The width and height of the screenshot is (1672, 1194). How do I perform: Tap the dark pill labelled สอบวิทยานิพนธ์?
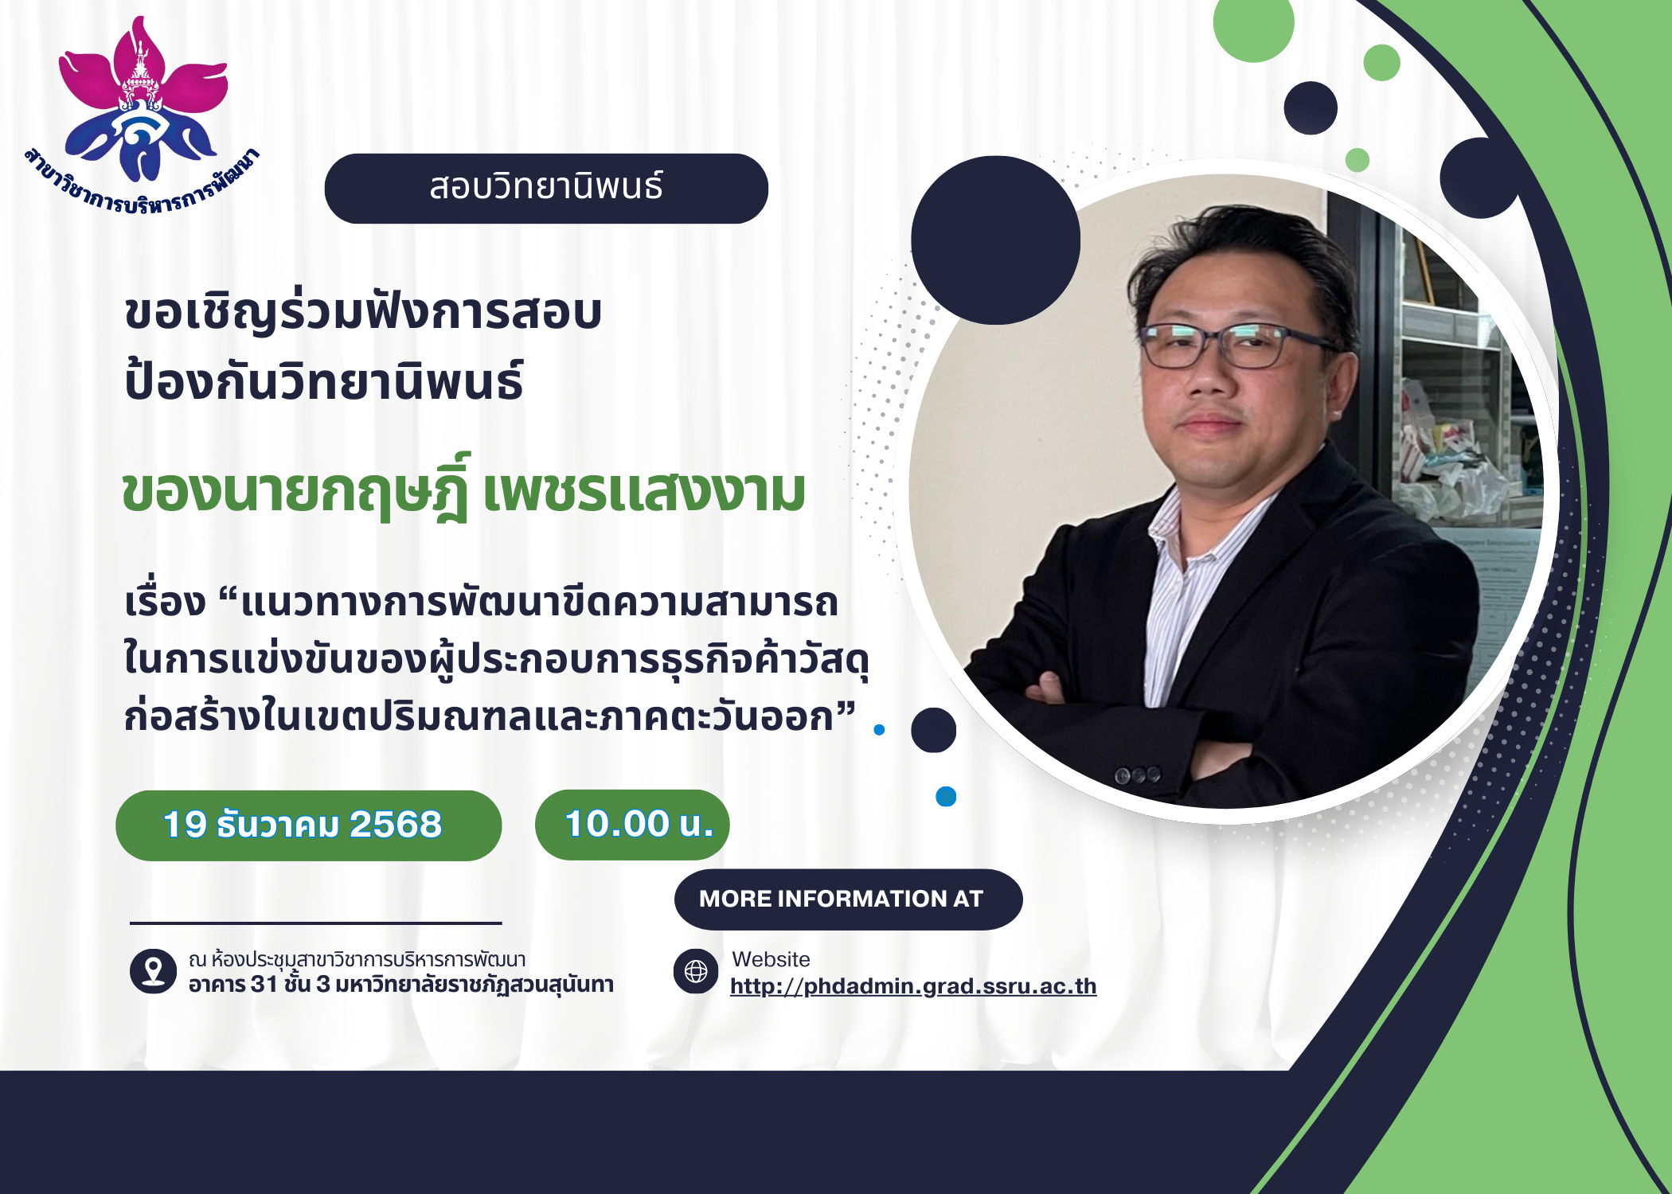pyautogui.click(x=546, y=189)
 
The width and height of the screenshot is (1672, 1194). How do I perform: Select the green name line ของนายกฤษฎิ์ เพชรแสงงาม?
pyautogui.click(x=463, y=489)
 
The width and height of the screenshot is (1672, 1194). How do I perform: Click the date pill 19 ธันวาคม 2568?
pyautogui.click(x=309, y=825)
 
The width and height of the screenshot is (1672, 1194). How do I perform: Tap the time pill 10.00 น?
pyautogui.click(x=632, y=825)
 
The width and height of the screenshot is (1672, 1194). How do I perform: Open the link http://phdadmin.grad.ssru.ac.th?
pyautogui.click(x=913, y=986)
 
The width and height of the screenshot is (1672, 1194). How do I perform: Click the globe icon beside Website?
pyautogui.click(x=696, y=971)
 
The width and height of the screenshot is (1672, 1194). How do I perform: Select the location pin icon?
pyautogui.click(x=153, y=971)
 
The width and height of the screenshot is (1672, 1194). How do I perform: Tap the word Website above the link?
pyautogui.click(x=771, y=959)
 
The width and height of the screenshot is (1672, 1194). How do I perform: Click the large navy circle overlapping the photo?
pyautogui.click(x=995, y=240)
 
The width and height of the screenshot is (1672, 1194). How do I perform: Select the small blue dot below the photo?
pyautogui.click(x=946, y=796)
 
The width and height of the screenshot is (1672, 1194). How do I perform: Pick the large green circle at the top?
pyautogui.click(x=1253, y=24)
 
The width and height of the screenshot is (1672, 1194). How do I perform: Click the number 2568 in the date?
pyautogui.click(x=396, y=825)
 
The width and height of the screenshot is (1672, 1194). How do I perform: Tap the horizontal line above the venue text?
pyautogui.click(x=316, y=923)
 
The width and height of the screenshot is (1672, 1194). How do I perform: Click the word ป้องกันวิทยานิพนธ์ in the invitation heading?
pyautogui.click(x=324, y=380)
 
